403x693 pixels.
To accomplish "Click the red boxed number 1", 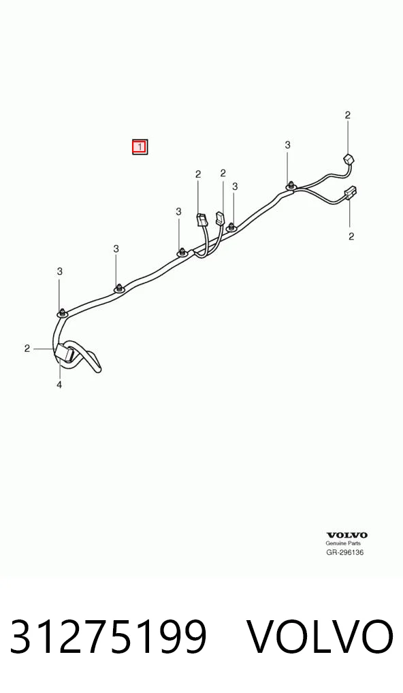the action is click(x=140, y=146).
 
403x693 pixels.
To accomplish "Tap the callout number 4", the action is click(x=59, y=385).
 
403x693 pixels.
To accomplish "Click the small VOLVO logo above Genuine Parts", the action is click(x=347, y=535).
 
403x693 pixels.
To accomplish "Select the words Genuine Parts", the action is click(x=343, y=543).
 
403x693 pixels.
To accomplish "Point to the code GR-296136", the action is click(x=345, y=552).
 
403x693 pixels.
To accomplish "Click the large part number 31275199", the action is click(x=108, y=636).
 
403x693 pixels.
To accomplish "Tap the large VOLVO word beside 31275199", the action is click(x=319, y=636).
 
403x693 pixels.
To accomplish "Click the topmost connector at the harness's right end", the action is click(x=349, y=159).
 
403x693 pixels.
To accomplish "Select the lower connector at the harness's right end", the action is click(x=351, y=193).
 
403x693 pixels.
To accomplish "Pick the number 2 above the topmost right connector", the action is click(x=348, y=115).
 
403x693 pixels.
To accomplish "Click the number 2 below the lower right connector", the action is click(x=351, y=236).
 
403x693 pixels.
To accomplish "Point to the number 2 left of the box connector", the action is click(x=27, y=349).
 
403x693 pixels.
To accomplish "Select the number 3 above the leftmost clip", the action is click(x=60, y=272).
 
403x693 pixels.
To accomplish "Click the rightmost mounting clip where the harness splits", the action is click(x=290, y=187).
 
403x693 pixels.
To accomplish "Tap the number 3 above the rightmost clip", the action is click(x=288, y=144).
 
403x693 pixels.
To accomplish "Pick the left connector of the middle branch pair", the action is click(x=200, y=220).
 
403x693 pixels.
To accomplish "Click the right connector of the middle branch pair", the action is click(x=219, y=218).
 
